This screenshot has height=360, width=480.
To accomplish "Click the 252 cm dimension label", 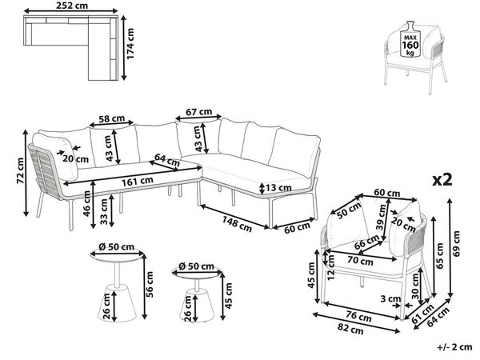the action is (x=72, y=6).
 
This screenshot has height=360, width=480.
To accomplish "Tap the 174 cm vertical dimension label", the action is (x=130, y=44).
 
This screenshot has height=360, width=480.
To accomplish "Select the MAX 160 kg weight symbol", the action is (x=410, y=39).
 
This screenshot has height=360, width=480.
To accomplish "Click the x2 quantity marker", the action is (x=442, y=180).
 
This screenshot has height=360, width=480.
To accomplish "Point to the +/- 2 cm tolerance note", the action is (x=454, y=347).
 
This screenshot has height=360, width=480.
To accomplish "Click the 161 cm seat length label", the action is (x=138, y=182).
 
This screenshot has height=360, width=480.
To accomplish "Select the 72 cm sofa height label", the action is (x=20, y=170).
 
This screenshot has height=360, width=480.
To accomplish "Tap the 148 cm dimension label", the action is (x=237, y=224).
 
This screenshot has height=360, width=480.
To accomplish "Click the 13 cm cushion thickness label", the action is (x=278, y=187).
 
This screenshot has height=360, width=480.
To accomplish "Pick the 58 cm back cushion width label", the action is (x=111, y=118).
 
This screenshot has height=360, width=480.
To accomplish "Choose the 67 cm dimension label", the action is (x=199, y=112).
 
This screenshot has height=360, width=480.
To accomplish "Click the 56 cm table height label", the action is (x=150, y=284).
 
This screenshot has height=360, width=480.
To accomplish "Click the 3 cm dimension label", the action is (x=390, y=298).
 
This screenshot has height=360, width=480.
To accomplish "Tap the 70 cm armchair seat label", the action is (x=360, y=261).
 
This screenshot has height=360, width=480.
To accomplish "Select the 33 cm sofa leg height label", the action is (x=104, y=212).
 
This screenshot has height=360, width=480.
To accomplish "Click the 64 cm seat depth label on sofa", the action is (x=167, y=160).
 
